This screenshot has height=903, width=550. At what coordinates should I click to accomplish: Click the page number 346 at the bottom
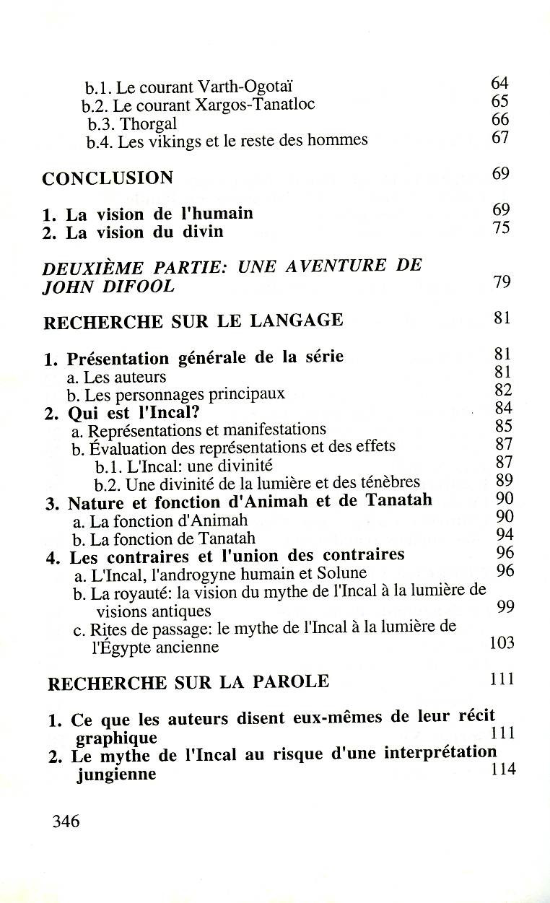(66, 821)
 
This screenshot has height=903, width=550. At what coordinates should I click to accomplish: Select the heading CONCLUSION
(108, 178)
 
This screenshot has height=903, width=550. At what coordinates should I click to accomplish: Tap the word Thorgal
(148, 123)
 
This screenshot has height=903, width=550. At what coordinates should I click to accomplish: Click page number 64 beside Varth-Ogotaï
(500, 84)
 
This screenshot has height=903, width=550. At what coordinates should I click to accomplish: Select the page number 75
(502, 228)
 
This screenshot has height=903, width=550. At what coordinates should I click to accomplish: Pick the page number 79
(502, 282)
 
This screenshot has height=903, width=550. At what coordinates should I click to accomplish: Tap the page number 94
(505, 535)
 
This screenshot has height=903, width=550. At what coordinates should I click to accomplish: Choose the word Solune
(341, 574)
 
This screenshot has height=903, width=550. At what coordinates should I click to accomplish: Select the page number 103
(502, 642)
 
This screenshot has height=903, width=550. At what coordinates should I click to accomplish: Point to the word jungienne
(116, 775)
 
